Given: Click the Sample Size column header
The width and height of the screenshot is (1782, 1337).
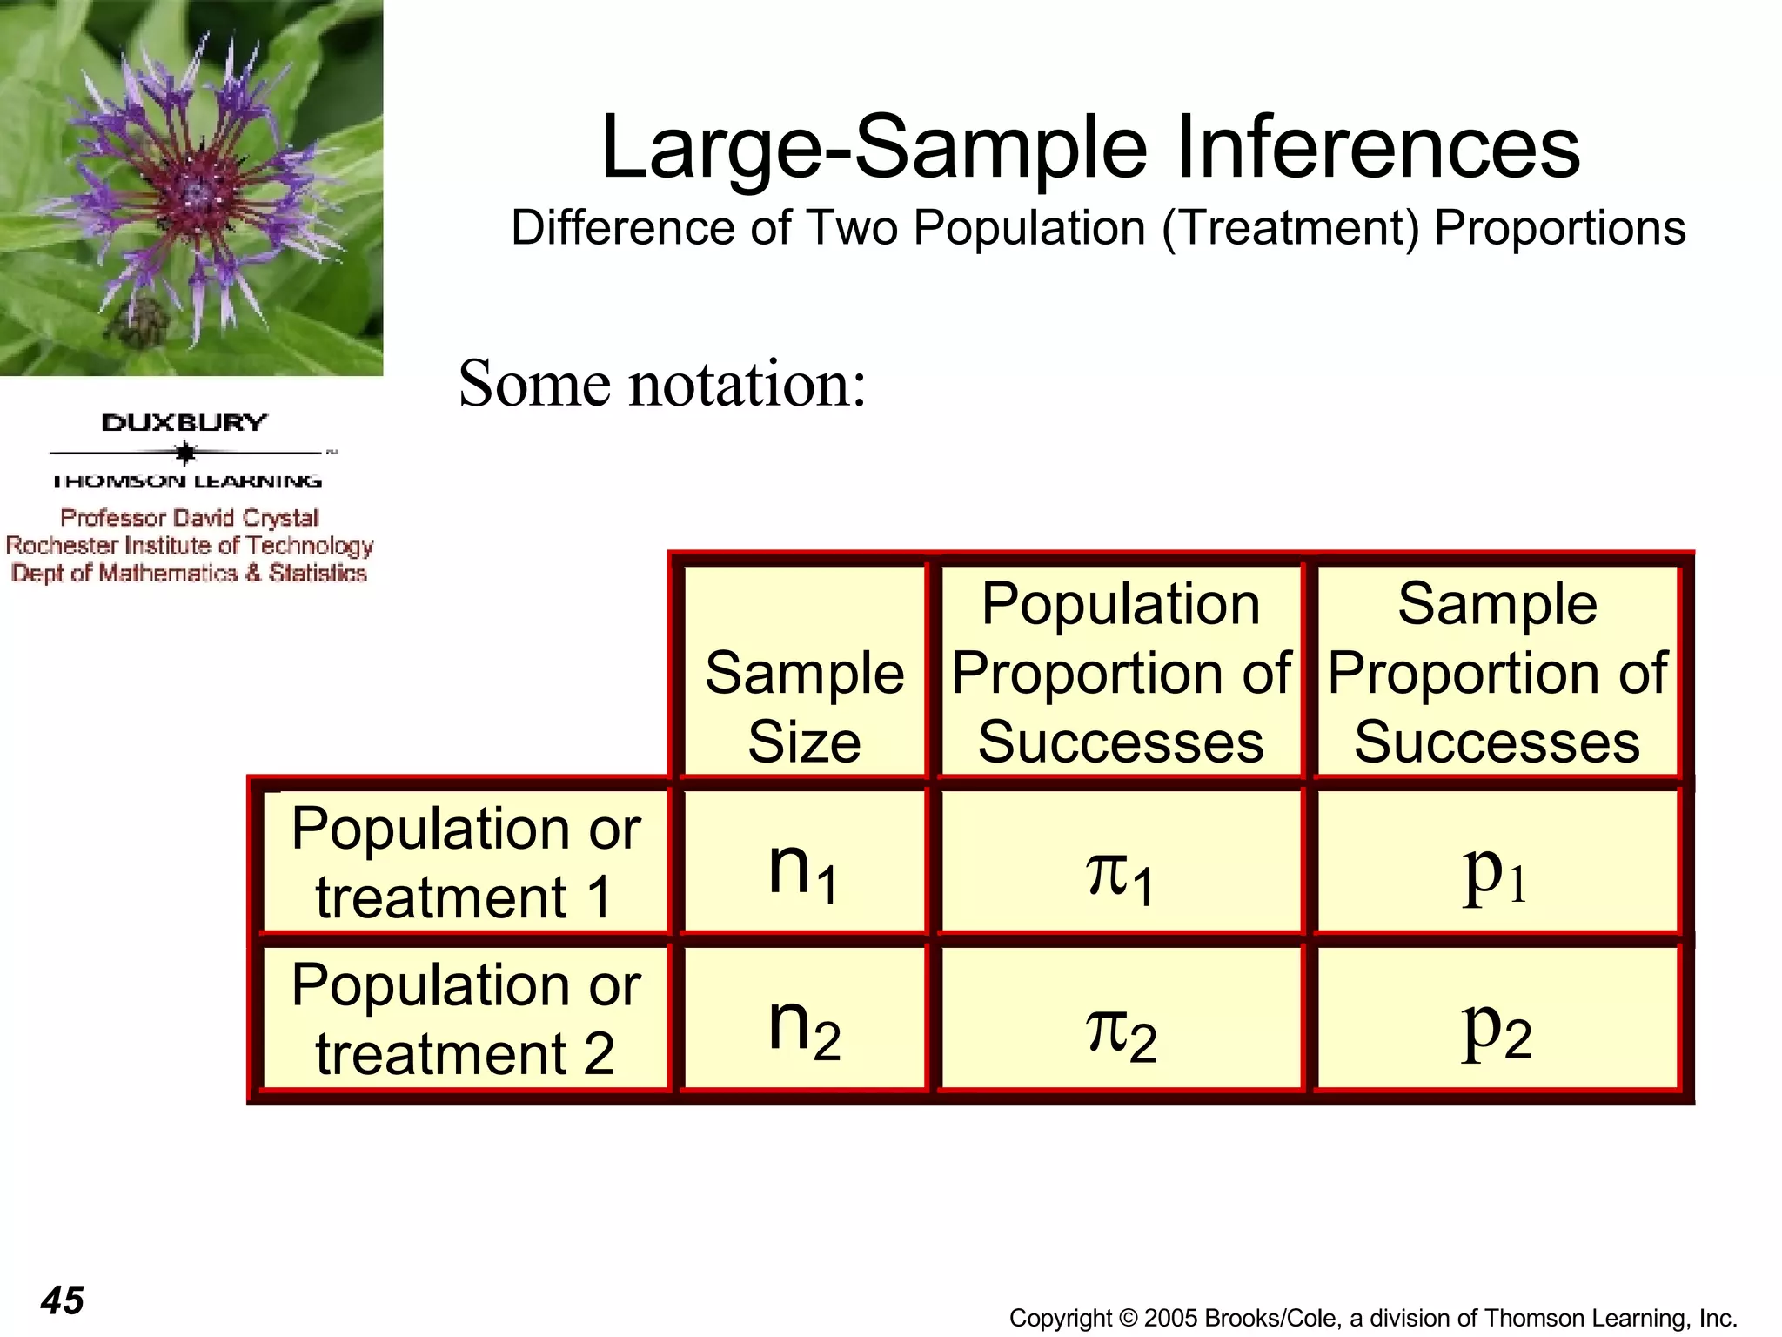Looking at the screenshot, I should click(803, 707).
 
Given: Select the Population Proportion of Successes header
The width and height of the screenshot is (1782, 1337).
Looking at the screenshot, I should click(1120, 672).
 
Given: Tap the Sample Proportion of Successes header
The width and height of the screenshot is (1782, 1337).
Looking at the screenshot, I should click(1496, 672).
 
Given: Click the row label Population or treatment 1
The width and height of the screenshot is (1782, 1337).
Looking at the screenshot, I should click(466, 862).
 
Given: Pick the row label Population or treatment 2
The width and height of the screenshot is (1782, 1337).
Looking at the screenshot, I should click(466, 1018).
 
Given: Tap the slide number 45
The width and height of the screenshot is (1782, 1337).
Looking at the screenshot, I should click(63, 1300).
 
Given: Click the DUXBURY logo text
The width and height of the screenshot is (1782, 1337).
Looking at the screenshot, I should click(184, 423).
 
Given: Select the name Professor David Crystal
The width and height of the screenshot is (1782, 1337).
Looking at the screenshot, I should click(190, 518).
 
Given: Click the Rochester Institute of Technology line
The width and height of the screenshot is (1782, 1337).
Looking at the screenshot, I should click(190, 546).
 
